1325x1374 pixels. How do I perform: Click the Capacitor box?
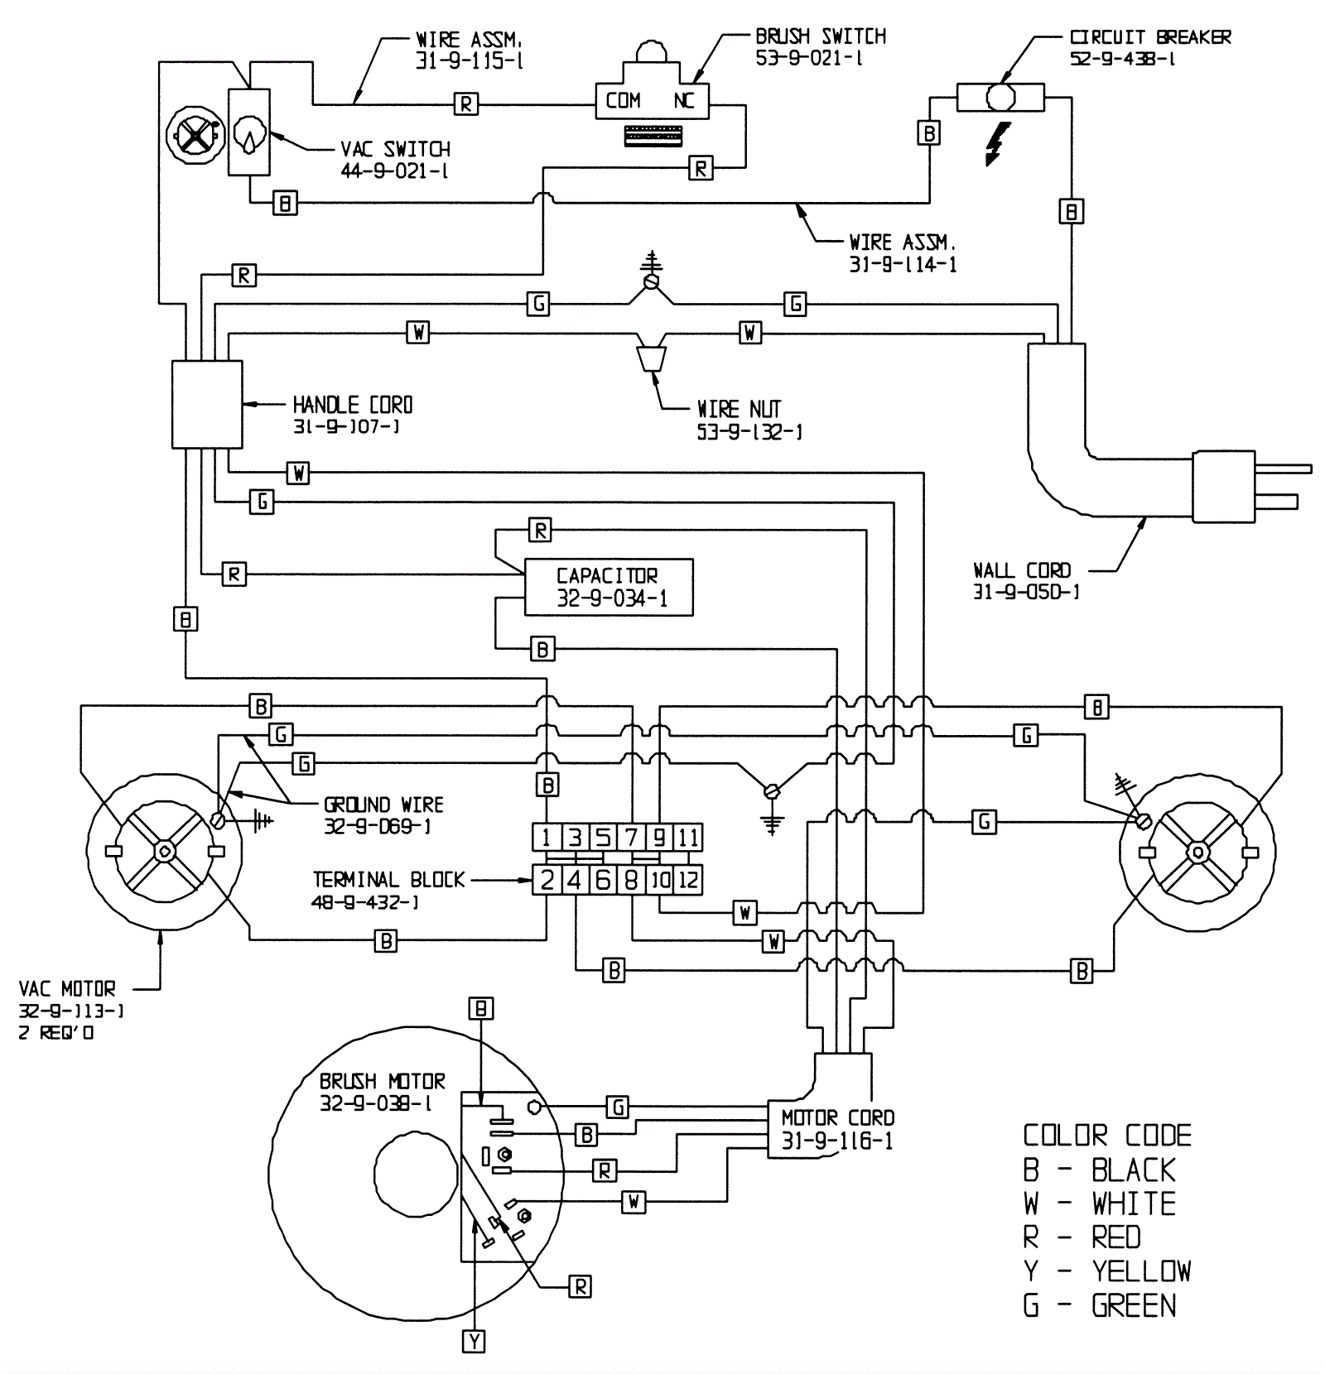(609, 588)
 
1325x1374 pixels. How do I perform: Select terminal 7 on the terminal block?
(631, 838)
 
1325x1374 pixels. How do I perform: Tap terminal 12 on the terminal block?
(688, 880)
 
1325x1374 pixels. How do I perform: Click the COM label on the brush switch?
(623, 101)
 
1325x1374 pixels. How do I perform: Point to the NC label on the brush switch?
(684, 101)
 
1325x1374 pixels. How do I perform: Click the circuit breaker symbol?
(1000, 97)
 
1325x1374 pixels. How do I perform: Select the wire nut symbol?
(651, 358)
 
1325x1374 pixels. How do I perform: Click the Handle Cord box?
(207, 404)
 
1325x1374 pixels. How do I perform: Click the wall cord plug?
(1251, 486)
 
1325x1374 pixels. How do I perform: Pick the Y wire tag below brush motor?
(474, 1342)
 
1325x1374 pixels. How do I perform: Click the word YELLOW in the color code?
(1141, 1271)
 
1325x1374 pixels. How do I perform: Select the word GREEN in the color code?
(1134, 1305)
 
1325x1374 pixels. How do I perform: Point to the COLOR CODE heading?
(1107, 1135)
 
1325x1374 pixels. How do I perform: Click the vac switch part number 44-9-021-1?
(394, 171)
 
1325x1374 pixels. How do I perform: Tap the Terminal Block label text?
(388, 879)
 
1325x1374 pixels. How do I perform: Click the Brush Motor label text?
(382, 1081)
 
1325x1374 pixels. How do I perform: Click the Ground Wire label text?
(383, 805)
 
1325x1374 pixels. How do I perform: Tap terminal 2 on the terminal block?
(547, 880)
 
